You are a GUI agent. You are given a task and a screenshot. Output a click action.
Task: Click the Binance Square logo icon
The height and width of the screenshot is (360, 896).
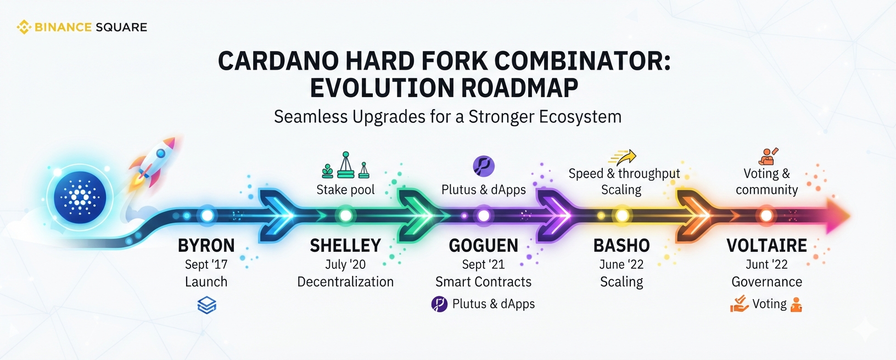tap(24, 27)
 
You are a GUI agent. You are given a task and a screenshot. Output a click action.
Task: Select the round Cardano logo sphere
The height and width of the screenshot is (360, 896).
tap(80, 197)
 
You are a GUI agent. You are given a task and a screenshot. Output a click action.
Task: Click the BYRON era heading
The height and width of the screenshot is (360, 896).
tap(206, 246)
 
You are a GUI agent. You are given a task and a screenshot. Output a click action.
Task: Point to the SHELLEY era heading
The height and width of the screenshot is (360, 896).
tap(345, 246)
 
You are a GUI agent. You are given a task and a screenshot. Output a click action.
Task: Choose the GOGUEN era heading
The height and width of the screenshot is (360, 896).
tap(483, 246)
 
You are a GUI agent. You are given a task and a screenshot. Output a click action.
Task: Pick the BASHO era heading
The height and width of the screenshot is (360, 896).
tap(621, 246)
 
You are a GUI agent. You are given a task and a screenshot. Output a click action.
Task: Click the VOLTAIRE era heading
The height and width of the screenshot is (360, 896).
tap(766, 246)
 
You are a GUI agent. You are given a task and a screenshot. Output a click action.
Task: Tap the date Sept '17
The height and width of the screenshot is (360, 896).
tap(206, 265)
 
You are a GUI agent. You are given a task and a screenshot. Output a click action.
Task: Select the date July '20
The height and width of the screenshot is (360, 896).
tap(345, 265)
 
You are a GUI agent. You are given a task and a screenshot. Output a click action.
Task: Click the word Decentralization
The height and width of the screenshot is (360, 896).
tap(345, 282)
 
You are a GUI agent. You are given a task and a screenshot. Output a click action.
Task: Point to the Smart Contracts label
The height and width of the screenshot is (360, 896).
tap(483, 282)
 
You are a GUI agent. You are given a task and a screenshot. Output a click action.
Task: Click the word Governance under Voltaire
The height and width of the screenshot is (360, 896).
tap(766, 282)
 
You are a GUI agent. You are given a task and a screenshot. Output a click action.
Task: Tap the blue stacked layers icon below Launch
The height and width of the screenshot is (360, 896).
tap(207, 305)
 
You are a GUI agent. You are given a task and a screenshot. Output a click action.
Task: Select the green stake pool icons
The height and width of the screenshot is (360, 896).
tap(345, 165)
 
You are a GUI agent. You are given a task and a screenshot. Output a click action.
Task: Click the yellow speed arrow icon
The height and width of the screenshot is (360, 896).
tap(623, 157)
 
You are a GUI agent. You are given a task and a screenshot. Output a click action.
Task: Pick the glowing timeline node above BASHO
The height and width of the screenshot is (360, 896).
tap(622, 216)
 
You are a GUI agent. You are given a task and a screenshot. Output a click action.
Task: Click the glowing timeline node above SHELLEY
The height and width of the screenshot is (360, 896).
tap(345, 216)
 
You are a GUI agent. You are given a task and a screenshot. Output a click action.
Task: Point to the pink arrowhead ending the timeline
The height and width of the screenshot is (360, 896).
tap(838, 216)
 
